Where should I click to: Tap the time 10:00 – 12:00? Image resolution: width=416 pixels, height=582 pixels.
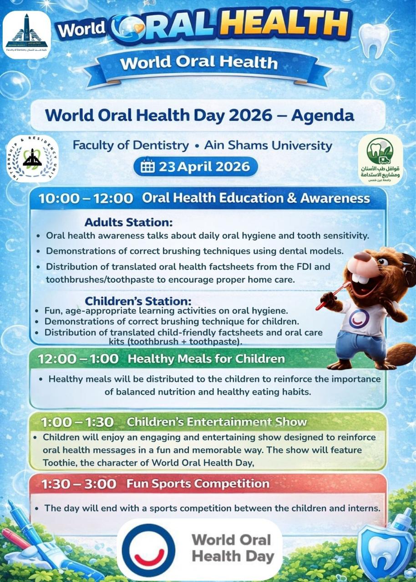pos(86,198)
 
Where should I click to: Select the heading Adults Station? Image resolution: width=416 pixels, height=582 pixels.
pos(129,223)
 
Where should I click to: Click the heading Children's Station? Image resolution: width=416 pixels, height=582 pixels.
pos(138,301)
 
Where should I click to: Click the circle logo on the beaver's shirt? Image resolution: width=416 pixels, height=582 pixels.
pos(359,318)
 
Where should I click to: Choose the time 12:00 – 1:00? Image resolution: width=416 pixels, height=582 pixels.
pos(78,359)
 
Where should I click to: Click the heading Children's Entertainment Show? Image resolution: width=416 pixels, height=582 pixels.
pos(217,422)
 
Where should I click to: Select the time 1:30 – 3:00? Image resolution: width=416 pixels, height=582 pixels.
pos(79,484)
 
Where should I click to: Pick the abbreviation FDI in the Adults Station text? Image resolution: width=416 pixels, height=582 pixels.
pos(296,266)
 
